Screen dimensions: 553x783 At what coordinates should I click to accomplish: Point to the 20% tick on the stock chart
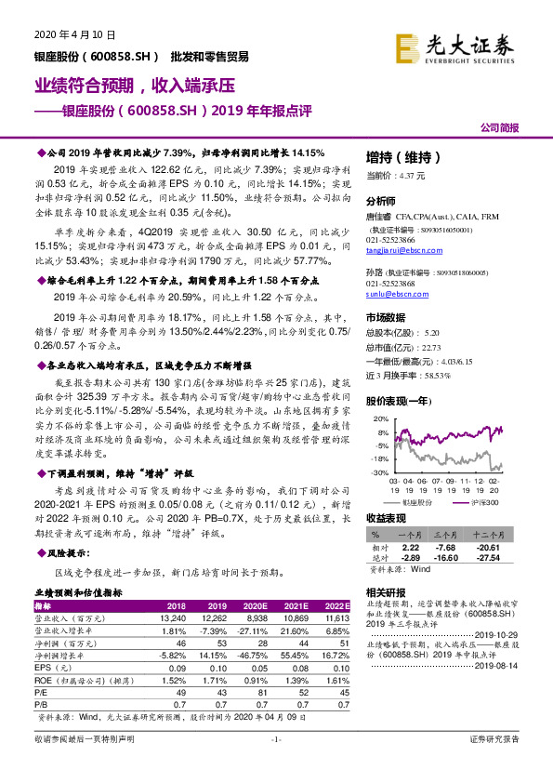(380, 419)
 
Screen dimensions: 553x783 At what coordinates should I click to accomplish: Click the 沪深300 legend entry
(482, 501)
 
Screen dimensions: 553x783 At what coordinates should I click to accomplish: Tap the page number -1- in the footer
(275, 765)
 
